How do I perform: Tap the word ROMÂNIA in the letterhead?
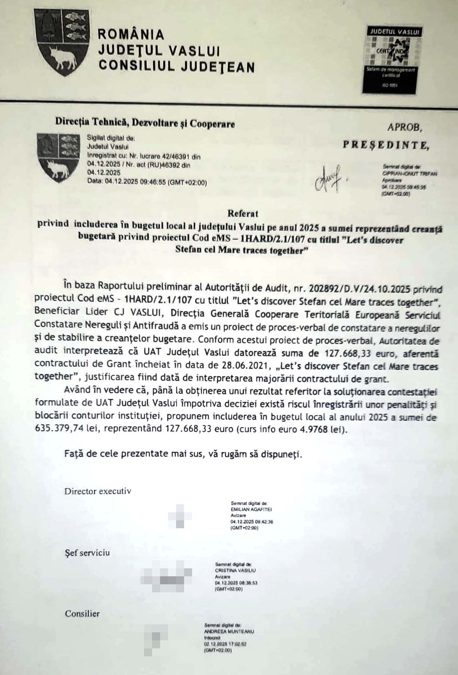[x=131, y=34]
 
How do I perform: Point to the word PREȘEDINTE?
[x=386, y=145]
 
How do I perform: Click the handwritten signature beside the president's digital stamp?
[x=329, y=177]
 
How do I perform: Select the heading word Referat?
[x=243, y=213]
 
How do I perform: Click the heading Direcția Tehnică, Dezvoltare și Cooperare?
[x=145, y=124]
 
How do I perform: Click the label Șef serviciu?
[x=88, y=553]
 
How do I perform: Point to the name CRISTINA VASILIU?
[x=235, y=571]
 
